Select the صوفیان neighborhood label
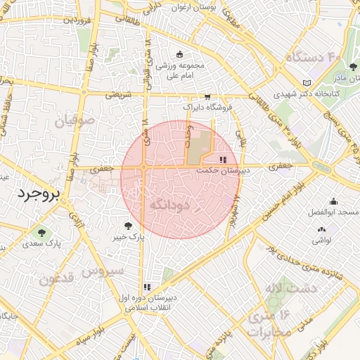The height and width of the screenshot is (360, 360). point(72,121)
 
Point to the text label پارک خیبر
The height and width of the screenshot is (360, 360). point(129,238)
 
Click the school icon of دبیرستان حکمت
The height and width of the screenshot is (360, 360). point(224,160)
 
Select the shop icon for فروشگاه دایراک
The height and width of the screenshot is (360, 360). point(207,97)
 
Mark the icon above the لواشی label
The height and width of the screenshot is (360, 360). point(322,229)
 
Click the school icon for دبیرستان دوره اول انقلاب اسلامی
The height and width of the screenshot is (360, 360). point(147,287)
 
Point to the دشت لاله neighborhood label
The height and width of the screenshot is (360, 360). point(290,288)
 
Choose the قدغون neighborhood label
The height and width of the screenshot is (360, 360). point(56,279)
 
